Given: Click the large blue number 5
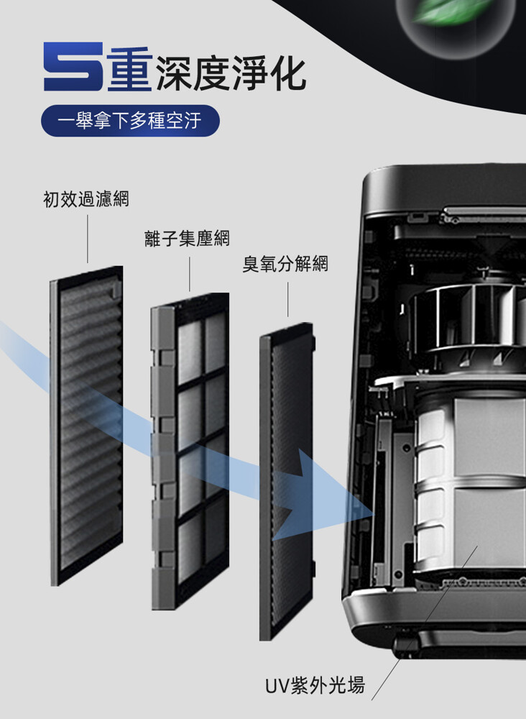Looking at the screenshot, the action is coord(73,66).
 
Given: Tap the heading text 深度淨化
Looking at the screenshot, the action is coord(231,73).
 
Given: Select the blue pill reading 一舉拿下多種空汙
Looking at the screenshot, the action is coord(130,121).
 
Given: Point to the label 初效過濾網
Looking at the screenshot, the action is coord(86,199).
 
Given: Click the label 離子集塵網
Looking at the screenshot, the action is coord(187,238).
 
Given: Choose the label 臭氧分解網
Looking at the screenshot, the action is coord(285,264).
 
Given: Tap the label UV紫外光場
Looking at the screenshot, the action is coord(315,685).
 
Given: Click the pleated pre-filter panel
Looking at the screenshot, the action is coord(87,425).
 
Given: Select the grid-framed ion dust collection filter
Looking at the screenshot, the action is coord(190,451).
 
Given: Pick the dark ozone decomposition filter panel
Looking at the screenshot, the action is coord(287,481).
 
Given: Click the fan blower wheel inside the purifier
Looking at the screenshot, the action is coord(468,321).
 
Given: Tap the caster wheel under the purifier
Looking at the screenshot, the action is coord(406,644).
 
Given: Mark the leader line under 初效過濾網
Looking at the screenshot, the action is coord(88,239).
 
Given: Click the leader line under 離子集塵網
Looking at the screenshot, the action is coord(189,274).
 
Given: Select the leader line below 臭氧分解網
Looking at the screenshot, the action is coord(287,299).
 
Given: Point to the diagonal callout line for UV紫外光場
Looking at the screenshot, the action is coord(425,623).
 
